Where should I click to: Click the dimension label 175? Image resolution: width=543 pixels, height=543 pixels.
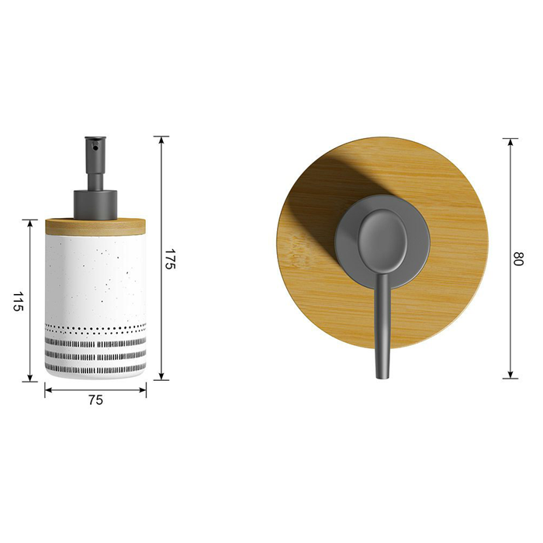171,258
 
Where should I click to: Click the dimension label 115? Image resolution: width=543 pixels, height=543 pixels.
18,301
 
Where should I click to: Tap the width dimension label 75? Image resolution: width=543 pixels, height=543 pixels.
95,400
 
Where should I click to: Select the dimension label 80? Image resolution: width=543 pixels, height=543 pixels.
518,258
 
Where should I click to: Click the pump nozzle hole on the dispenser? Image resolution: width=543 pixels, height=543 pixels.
95,147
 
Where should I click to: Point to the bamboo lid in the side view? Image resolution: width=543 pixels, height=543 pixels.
95,227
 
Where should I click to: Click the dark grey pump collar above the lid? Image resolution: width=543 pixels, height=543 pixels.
95,205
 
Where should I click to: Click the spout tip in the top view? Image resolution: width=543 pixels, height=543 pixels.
382,375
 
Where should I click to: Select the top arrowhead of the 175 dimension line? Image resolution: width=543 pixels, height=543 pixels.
161,140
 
